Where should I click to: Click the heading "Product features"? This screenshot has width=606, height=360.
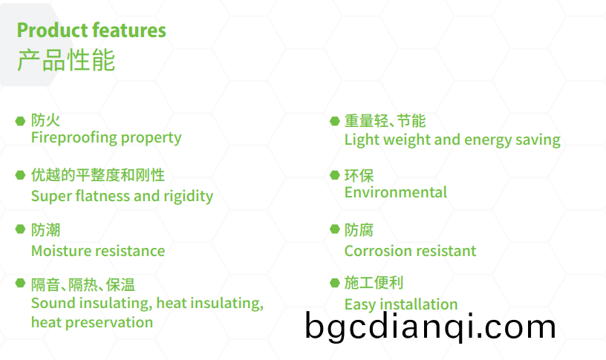point(91,30)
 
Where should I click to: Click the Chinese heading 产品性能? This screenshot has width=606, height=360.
point(66,60)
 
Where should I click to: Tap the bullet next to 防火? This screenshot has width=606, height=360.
point(20,121)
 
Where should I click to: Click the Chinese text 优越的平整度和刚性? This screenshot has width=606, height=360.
point(98,175)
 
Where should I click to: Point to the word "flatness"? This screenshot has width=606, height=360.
point(102,196)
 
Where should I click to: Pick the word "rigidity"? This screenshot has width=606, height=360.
point(188,196)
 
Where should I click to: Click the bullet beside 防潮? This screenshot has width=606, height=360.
point(20,229)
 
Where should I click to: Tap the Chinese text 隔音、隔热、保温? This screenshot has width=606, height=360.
point(83,285)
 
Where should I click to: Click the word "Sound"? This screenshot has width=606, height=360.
point(53,304)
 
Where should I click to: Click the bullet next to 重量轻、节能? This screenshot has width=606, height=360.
point(335,121)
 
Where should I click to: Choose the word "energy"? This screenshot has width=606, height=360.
point(488,140)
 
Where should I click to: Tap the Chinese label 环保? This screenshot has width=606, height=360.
point(359,176)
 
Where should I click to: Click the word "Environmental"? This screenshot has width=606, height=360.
point(396,192)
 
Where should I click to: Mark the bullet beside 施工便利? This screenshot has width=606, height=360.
point(335,283)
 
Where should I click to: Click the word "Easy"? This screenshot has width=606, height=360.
point(360,305)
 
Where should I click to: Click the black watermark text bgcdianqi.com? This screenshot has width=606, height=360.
point(430,327)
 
